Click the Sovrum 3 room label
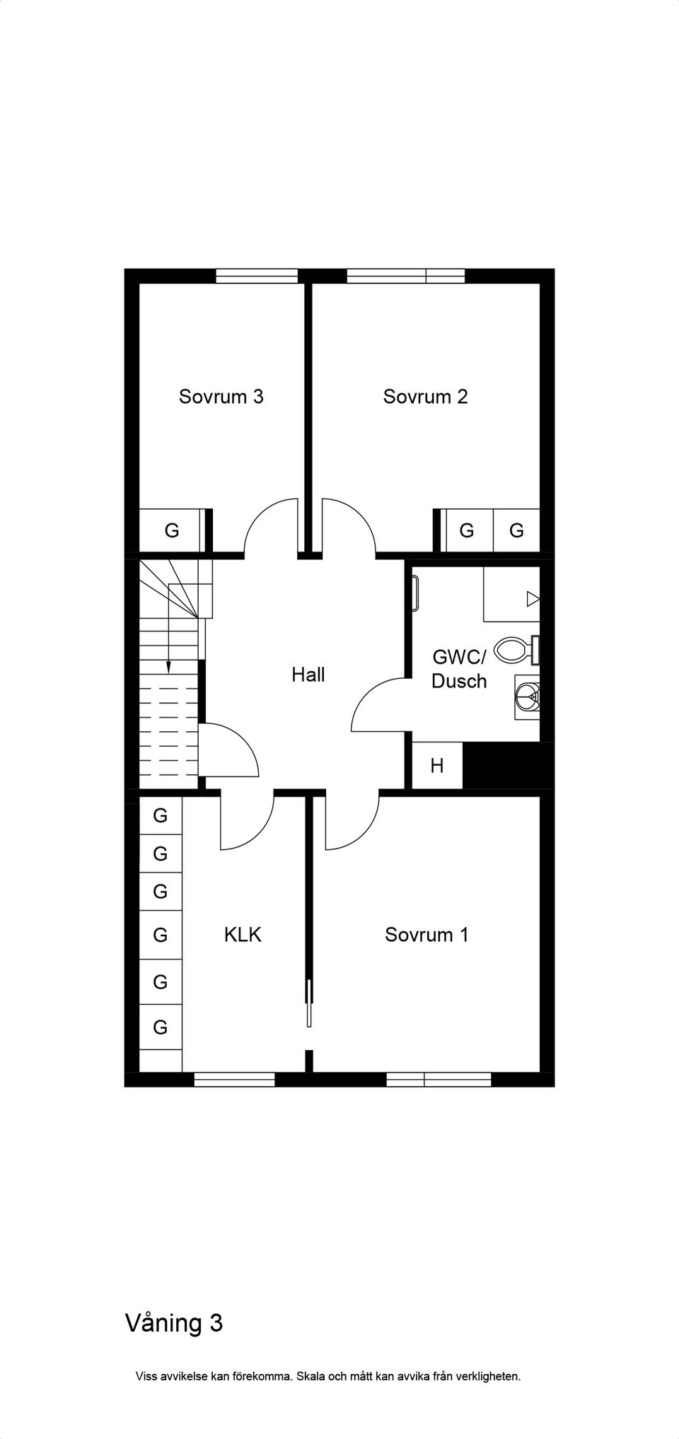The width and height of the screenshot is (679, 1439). [x=221, y=397]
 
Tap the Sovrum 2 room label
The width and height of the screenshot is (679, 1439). [x=425, y=397]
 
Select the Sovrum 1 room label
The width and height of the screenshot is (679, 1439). [x=426, y=935]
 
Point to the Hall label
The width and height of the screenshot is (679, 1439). [x=308, y=675]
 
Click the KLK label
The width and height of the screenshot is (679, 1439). [x=243, y=935]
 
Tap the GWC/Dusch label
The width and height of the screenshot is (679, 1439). [x=459, y=670]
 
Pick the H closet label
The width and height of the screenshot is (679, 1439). [x=437, y=766]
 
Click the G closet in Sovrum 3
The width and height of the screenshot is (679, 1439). [x=172, y=530]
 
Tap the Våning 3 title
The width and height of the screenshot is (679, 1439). [x=174, y=1322]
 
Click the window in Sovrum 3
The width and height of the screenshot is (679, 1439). [x=257, y=276]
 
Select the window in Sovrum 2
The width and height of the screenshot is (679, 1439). [x=406, y=276]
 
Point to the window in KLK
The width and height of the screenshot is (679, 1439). [x=234, y=1080]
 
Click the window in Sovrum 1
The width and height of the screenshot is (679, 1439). [x=439, y=1080]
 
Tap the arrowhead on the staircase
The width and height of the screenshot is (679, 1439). [x=168, y=667]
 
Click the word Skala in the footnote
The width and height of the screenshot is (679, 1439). [x=311, y=1376]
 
